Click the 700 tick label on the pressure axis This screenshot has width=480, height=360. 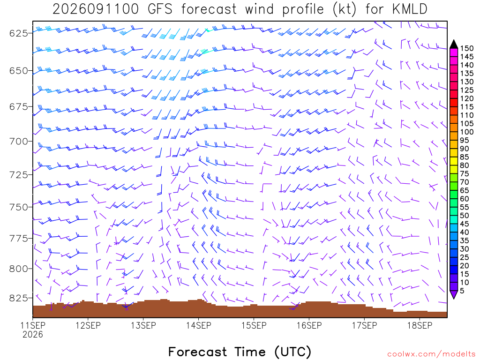(x=20, y=142)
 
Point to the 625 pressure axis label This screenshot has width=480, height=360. (x=20, y=33)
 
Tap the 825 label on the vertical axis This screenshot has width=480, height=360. (x=20, y=298)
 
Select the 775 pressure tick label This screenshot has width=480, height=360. (x=20, y=239)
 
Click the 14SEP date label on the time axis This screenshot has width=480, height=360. (x=199, y=325)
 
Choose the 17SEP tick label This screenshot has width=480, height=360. (x=364, y=325)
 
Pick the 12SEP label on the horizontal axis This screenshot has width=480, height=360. (x=88, y=325)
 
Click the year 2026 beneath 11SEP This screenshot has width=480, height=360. (x=33, y=335)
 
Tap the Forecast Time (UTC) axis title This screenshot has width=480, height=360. (x=240, y=352)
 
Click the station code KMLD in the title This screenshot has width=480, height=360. (x=410, y=9)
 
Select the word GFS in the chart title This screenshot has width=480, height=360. (x=160, y=9)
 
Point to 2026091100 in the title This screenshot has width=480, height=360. (x=96, y=9)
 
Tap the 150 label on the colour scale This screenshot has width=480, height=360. (x=466, y=48)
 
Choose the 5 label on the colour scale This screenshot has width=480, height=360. (x=462, y=291)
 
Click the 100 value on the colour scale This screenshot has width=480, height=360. (x=466, y=132)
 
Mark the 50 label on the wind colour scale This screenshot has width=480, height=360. (x=465, y=216)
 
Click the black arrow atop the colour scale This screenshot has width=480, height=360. (x=454, y=45)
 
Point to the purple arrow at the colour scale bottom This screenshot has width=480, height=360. (x=454, y=294)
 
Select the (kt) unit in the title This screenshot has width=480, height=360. (x=345, y=9)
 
